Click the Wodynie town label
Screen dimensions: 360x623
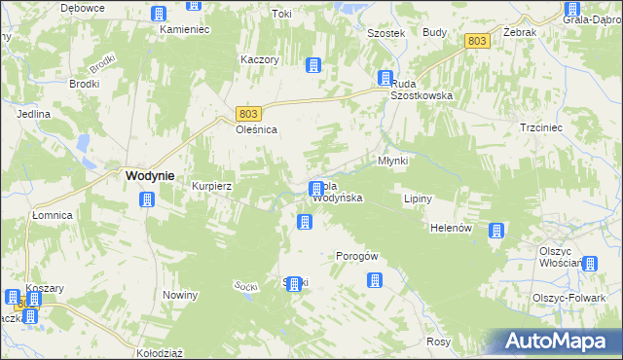(150, 176)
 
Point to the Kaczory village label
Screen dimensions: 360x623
(260, 59)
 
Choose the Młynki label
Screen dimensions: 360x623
(392, 160)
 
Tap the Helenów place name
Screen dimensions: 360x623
(451, 228)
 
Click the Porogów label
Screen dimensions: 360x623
(355, 256)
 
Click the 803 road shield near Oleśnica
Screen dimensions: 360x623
(248, 113)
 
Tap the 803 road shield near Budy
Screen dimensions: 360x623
(476, 41)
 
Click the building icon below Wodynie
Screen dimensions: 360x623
(147, 200)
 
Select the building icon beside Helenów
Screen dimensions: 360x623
(497, 231)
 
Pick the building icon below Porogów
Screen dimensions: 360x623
(374, 280)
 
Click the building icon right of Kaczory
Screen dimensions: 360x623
(313, 65)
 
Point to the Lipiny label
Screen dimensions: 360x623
(418, 198)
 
